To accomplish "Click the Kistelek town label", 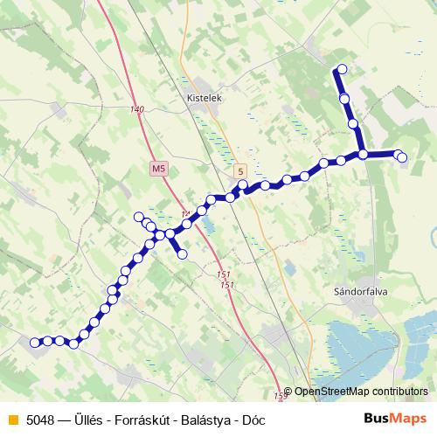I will pos(206,99).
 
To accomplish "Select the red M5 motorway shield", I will pos(158,167).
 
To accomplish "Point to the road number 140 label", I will pos(135,109).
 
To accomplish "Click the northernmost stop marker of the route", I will pos(342,69).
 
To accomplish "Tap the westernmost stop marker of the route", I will pos(35,343).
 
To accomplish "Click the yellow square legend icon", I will pos(12,420).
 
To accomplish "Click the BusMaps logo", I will pos(396,419).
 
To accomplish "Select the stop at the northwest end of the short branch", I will pos(138,216).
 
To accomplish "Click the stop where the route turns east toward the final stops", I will pos(363,155).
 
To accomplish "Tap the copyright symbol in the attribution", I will pos(288,392).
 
